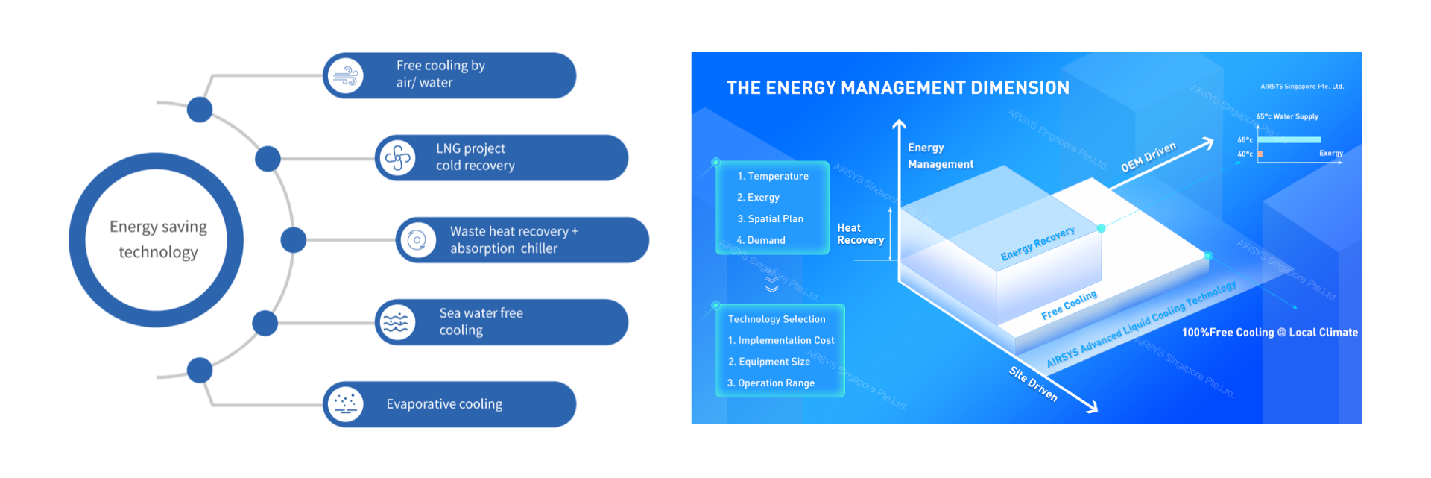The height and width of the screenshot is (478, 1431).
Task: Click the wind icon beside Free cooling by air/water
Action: tap(346, 76)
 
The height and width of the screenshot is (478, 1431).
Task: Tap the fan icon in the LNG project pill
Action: tap(397, 158)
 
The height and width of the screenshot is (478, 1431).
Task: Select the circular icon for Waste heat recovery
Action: tap(417, 240)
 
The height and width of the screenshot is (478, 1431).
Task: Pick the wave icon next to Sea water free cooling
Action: tap(397, 322)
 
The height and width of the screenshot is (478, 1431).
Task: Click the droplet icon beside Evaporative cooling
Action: tap(345, 404)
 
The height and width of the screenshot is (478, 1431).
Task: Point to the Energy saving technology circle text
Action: tap(158, 239)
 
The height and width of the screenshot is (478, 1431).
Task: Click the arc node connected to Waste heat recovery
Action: tap(294, 240)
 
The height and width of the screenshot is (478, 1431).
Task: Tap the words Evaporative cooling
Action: tap(444, 404)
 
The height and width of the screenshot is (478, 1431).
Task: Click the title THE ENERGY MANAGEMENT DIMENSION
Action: tap(897, 88)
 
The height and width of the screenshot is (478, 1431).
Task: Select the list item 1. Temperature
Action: tap(773, 177)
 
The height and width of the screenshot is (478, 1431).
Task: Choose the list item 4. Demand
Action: tap(761, 240)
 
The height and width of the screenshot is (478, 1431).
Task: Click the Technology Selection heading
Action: tap(777, 319)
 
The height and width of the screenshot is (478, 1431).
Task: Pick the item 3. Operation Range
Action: tap(771, 383)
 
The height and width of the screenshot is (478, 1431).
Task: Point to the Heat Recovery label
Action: tap(860, 234)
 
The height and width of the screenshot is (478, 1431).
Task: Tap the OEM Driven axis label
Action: tap(1149, 157)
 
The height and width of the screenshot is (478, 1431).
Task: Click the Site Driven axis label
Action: tap(1033, 383)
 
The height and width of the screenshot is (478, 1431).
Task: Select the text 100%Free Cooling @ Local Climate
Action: tap(1269, 333)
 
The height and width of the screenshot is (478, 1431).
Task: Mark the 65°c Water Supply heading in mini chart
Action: tap(1287, 116)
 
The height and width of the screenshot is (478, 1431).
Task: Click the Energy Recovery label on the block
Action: tap(1037, 244)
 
